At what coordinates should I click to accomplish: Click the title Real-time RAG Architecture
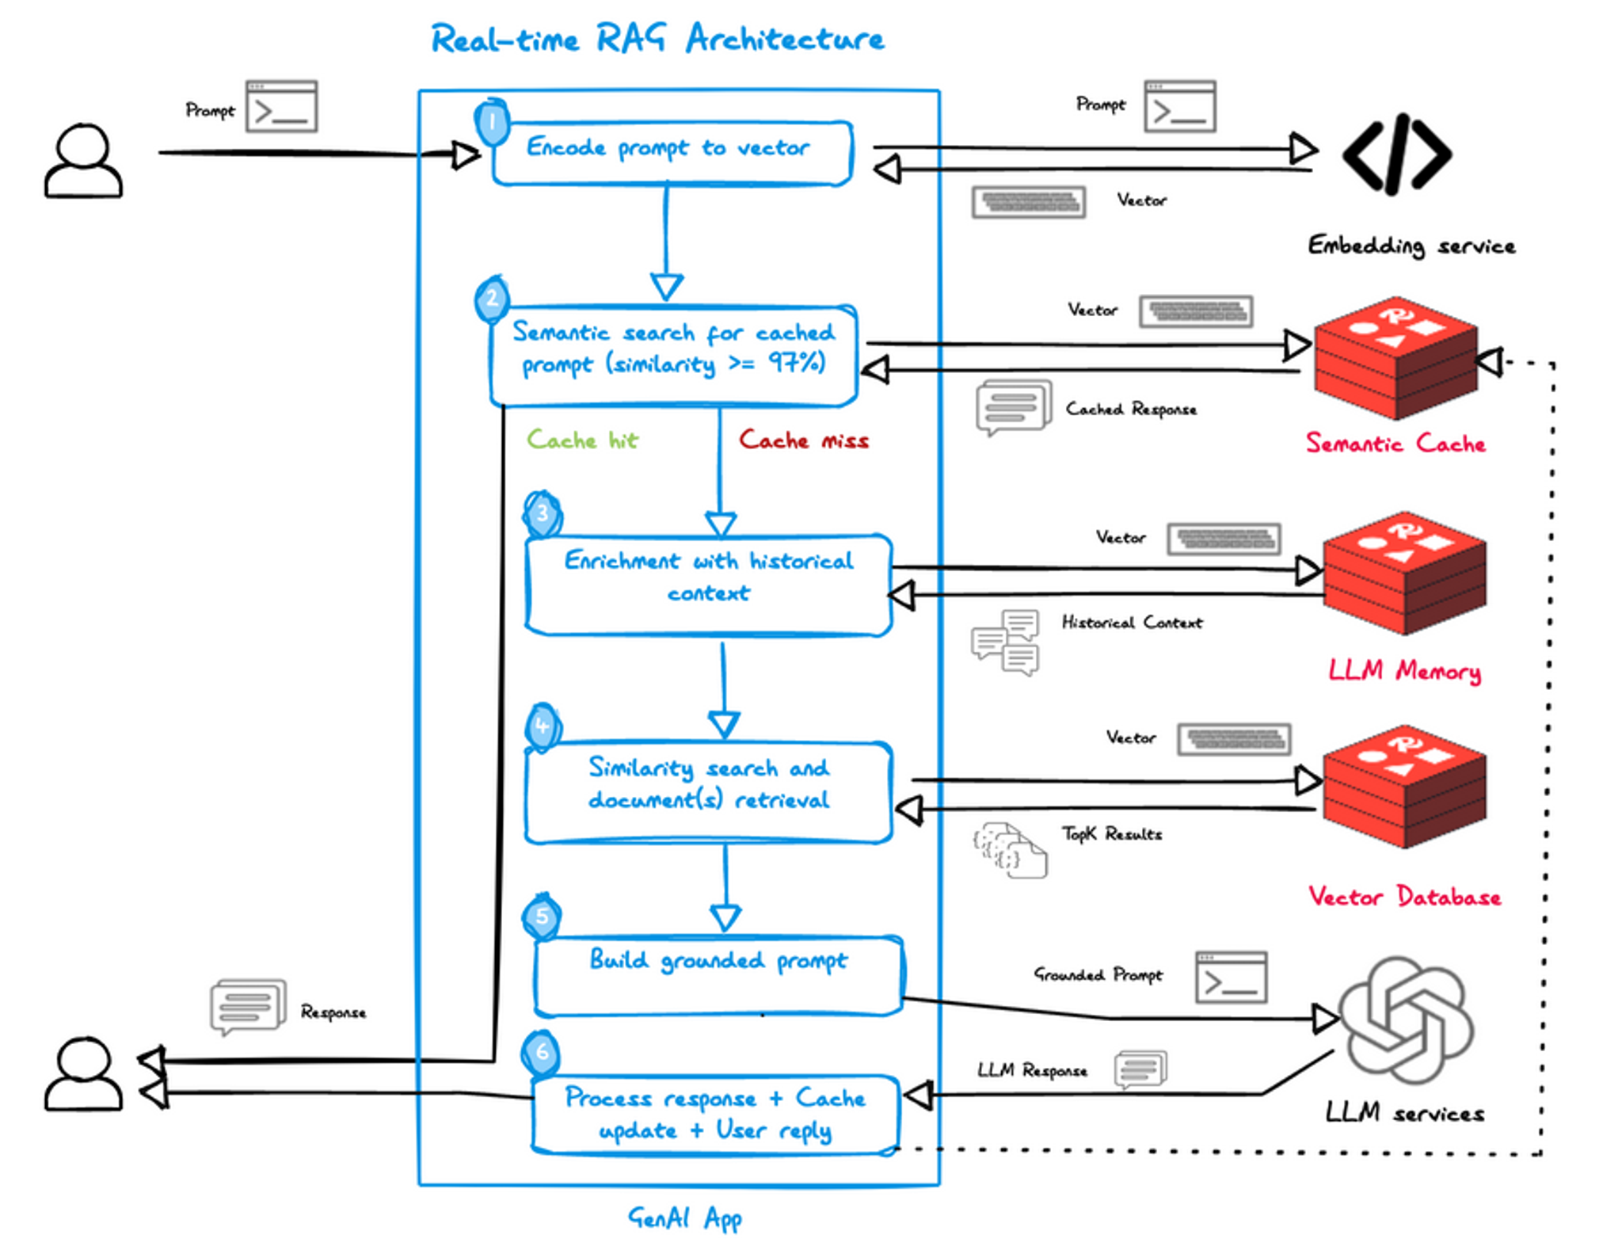657,39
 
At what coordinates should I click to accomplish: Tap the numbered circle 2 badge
492,299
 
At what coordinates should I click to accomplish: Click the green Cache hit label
582,440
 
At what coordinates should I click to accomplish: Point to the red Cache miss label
803,440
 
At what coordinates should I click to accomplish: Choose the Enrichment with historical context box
708,585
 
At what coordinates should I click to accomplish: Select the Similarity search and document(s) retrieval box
708,791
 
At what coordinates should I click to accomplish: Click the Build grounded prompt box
718,975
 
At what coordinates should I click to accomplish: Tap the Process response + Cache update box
715,1114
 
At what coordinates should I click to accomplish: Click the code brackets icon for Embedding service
1396,154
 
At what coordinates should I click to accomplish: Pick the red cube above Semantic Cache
1395,357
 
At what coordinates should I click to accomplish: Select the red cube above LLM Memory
1404,572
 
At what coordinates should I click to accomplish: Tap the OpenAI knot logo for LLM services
1406,1020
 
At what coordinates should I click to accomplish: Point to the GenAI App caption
684,1218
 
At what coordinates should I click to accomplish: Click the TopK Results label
1111,834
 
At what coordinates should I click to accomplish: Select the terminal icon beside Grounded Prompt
1230,977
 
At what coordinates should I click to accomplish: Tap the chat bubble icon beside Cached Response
1013,406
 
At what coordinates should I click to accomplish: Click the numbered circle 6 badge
542,1052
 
